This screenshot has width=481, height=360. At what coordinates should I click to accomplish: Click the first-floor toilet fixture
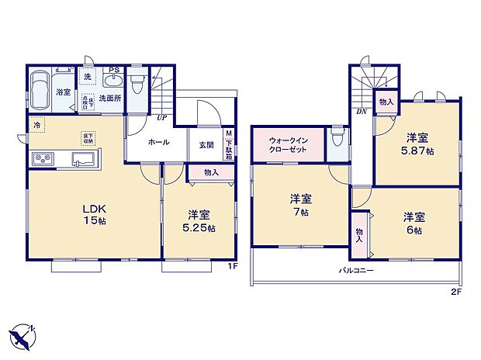point(137,81)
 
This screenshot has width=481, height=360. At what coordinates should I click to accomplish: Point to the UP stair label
point(161,117)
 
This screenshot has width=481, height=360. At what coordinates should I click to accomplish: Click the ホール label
point(158,143)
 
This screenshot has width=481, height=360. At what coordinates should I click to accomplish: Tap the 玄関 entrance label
point(206,144)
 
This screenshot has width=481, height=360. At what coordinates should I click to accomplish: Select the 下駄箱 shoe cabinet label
point(229,144)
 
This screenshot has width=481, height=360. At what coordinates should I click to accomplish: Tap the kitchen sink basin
point(83,160)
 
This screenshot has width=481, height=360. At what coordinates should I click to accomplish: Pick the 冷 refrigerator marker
point(36,124)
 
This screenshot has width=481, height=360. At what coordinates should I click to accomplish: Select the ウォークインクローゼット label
point(287,144)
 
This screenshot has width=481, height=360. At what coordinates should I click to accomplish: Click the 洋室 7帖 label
point(299,203)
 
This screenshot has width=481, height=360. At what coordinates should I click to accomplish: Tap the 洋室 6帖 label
point(412,223)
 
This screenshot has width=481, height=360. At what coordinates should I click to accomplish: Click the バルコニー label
point(355,271)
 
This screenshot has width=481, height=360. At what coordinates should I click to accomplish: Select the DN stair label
point(362,110)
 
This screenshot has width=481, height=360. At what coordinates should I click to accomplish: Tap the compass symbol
point(23,336)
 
